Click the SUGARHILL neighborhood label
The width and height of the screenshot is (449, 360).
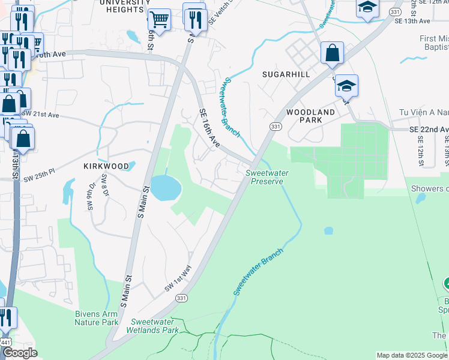[x=286, y=74]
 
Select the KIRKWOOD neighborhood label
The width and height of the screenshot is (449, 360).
[x=106, y=166]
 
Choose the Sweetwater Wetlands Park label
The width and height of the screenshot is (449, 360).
[x=152, y=326]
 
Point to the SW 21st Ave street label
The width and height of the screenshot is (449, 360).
[x=41, y=114]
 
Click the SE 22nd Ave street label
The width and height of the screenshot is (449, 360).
[x=429, y=130]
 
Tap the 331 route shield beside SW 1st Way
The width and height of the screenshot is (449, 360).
[x=181, y=298]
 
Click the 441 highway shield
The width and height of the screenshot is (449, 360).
[x=5, y=341]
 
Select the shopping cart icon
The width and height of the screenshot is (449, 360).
[x=159, y=20]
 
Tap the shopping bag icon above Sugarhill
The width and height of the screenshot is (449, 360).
[x=331, y=53]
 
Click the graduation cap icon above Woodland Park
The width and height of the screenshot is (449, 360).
[x=346, y=86]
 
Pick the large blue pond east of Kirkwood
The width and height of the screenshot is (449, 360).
[x=165, y=188]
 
